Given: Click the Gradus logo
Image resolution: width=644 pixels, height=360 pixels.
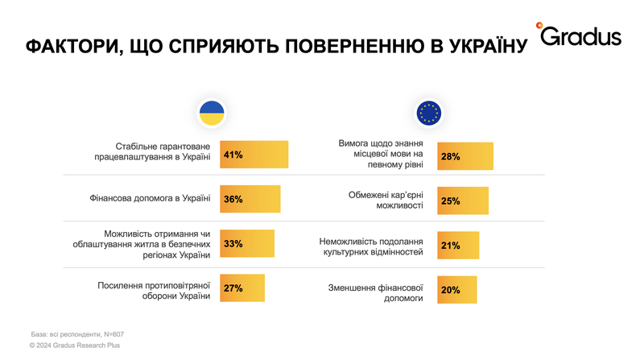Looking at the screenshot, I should (x=580, y=36).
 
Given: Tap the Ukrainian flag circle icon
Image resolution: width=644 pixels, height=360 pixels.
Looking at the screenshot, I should (x=212, y=114).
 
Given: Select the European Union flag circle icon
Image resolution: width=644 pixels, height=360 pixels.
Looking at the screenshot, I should (x=428, y=114).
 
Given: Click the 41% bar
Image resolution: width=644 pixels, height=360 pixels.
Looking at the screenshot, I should (x=254, y=155).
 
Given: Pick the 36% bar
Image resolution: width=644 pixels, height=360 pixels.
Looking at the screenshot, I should (x=250, y=199).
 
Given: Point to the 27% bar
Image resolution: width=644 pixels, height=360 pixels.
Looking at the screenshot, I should (x=242, y=288).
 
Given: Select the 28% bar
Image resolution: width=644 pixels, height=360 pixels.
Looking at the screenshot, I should (x=464, y=156).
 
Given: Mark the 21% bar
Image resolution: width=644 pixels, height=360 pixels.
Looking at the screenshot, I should (x=457, y=245).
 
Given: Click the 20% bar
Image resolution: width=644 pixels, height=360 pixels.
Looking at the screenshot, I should (x=456, y=289).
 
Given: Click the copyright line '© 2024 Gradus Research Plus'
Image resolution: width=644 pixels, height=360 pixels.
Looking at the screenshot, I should (x=74, y=345).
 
